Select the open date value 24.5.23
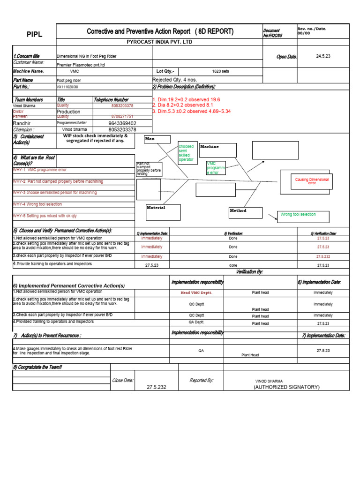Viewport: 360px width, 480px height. coord(323,56)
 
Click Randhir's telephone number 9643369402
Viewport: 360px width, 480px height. coord(122,123)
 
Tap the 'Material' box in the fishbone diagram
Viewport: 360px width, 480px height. coord(163,212)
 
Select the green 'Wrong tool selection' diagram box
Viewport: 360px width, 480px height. coord(303,216)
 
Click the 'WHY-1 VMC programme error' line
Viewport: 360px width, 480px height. coord(40,170)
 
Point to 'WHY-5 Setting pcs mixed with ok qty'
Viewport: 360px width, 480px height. coord(45,216)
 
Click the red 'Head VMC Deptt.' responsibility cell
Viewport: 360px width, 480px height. coord(196,292)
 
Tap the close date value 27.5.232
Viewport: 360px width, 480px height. coord(156,387)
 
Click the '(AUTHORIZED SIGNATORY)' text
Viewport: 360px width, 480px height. coord(286,387)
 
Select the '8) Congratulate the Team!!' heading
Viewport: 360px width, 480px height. coord(37,367)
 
